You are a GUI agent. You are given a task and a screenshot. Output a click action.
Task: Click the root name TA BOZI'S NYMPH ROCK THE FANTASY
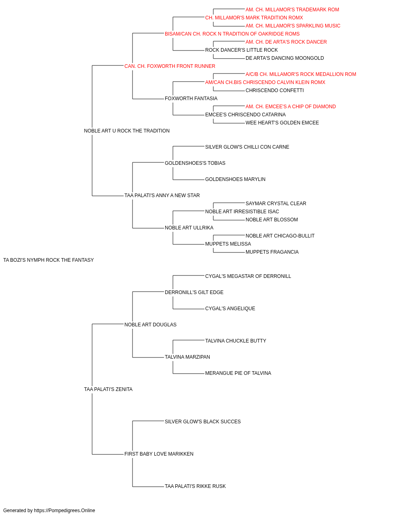click(x=48, y=260)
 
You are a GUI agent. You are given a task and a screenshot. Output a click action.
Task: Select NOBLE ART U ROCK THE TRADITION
click(x=126, y=131)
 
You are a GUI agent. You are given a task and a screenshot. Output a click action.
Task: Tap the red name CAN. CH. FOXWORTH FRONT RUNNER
click(x=170, y=66)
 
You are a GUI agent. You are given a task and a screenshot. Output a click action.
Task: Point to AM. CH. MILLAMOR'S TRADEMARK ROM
click(x=292, y=10)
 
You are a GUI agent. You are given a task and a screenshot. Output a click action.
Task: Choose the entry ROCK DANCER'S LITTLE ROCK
click(x=241, y=50)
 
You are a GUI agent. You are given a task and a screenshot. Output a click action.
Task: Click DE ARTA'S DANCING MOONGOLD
click(x=284, y=58)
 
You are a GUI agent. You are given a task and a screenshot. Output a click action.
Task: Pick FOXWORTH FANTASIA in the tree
click(x=191, y=99)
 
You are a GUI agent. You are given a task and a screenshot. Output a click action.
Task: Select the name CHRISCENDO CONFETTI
click(x=275, y=90)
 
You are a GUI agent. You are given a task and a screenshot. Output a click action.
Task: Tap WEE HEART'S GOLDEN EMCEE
click(x=282, y=123)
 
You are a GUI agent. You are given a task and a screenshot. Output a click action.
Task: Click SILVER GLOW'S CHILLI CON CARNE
click(x=247, y=147)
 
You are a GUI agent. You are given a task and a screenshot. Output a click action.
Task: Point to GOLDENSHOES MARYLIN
click(x=235, y=179)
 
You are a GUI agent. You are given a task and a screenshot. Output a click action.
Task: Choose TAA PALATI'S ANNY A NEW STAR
click(x=162, y=195)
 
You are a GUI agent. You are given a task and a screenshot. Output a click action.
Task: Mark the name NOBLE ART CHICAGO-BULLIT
click(x=280, y=236)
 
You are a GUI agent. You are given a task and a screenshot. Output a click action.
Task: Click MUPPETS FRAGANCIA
click(x=272, y=252)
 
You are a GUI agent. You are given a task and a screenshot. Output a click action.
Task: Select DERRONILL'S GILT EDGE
click(x=194, y=292)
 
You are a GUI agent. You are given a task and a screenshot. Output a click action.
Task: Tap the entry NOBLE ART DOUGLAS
click(x=150, y=325)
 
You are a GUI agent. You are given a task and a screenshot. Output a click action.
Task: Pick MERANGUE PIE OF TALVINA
click(x=238, y=373)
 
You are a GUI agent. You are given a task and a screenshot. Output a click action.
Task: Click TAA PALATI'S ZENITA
click(x=108, y=389)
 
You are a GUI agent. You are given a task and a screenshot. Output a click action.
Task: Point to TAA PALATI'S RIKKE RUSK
click(x=195, y=486)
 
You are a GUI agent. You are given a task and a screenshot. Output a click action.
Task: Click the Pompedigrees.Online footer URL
click(x=64, y=511)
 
